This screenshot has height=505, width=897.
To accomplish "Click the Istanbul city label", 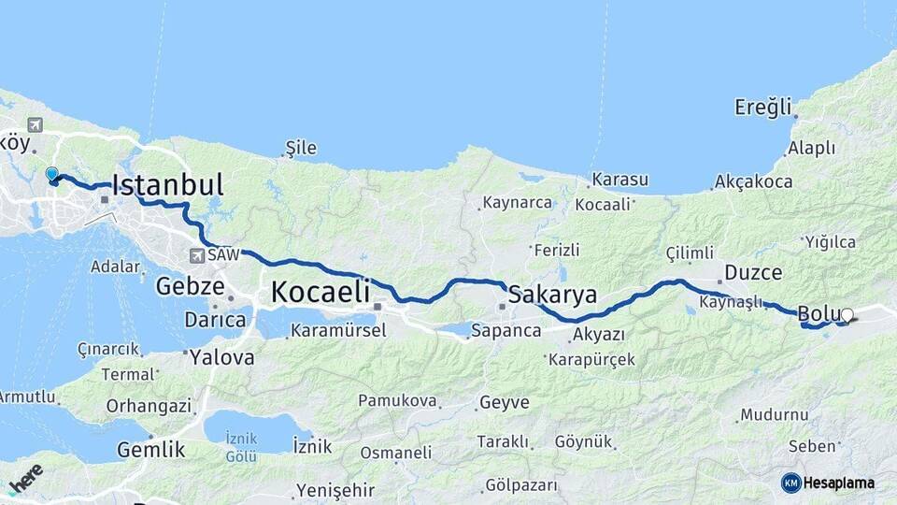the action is [x=167, y=185].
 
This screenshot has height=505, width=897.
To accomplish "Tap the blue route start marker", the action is [x=52, y=175].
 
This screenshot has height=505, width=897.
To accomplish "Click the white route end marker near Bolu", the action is [x=847, y=315].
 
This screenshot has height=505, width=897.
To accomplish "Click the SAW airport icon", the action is [x=197, y=255].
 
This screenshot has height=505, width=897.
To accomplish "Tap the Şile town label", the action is [x=301, y=148].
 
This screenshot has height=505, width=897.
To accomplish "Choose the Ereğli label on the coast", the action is [x=762, y=106].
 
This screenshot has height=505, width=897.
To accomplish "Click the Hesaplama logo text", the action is [x=838, y=483].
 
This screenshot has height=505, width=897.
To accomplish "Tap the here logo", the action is [x=24, y=477].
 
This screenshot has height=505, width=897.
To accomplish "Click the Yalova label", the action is [x=221, y=357].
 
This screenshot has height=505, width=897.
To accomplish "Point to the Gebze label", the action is [x=190, y=285].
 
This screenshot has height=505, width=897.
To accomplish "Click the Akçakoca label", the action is [x=753, y=181].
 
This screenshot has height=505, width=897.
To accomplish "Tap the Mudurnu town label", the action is [x=774, y=414].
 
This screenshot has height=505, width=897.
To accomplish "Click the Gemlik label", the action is [x=150, y=450].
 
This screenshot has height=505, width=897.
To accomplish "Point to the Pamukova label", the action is [x=397, y=401].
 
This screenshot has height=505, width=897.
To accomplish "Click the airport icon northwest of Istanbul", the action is [x=36, y=125].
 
